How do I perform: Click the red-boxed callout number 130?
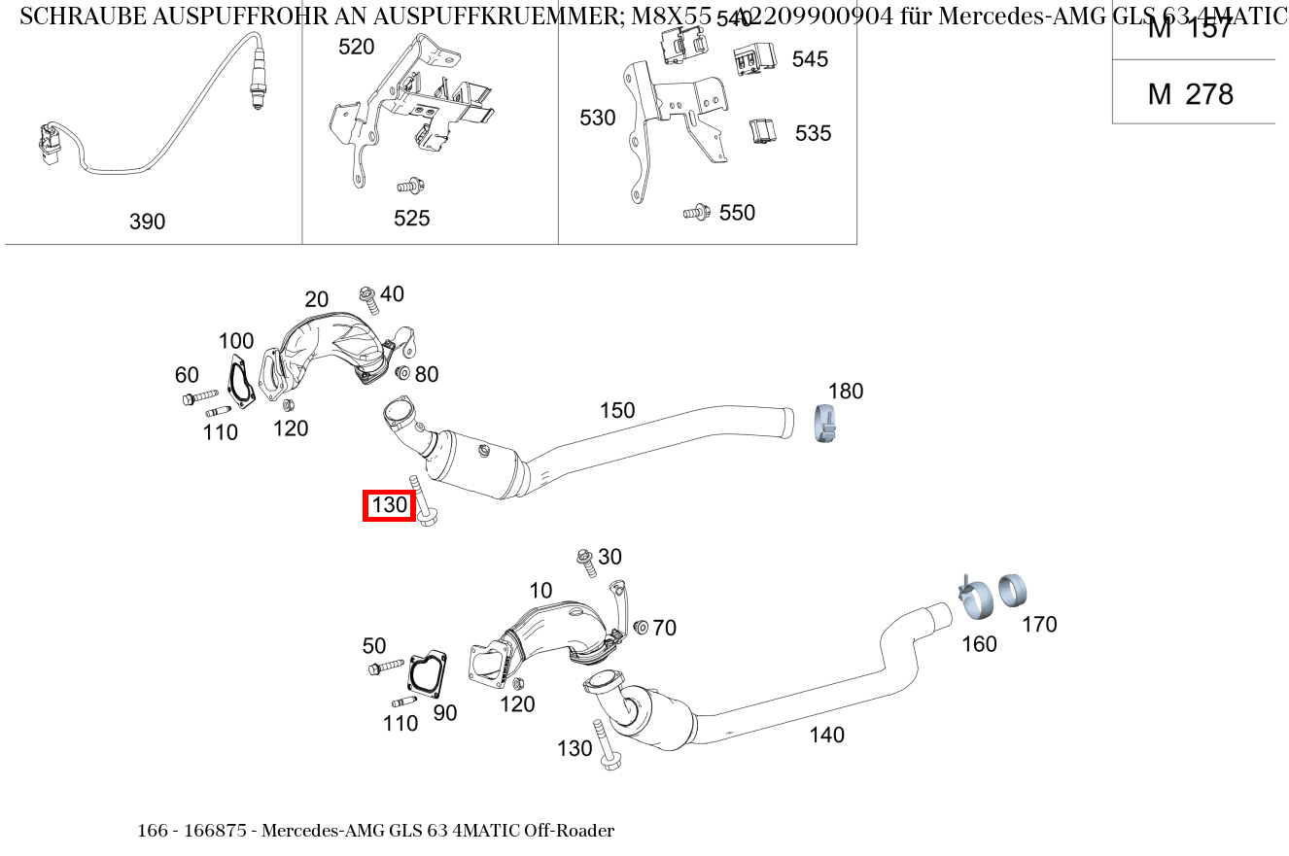pos(389,505)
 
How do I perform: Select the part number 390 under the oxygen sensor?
pos(148,222)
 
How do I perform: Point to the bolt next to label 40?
pos(368,299)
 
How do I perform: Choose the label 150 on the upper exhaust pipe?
pos(616,410)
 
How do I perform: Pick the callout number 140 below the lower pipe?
pos(826,735)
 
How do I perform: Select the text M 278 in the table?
pos(1190,94)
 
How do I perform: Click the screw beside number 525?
pos(411,186)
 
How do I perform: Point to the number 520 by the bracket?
pos(356,47)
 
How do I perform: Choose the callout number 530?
pos(597,118)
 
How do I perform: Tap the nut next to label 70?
pos(640,628)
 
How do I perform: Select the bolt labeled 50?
pos(385,668)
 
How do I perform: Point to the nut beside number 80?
pos(403,373)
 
